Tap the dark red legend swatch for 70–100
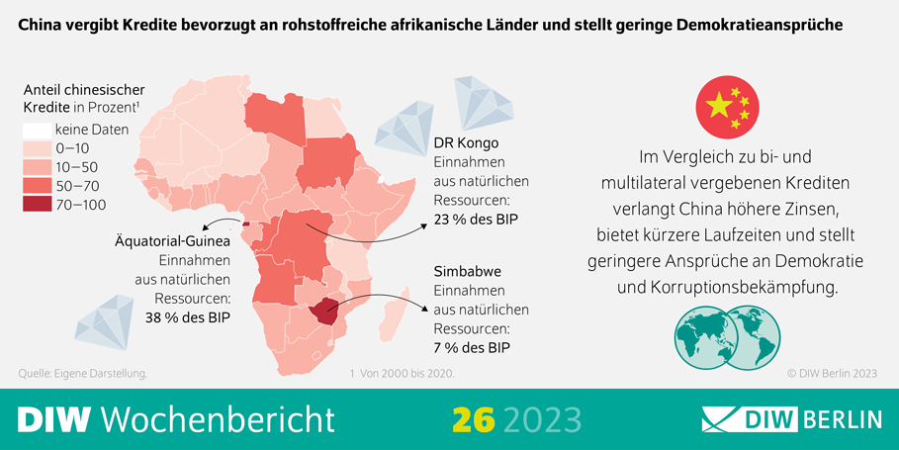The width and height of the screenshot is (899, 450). [37, 205]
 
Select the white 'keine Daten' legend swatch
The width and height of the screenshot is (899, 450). [37, 130]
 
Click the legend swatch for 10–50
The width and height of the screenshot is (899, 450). [37, 167]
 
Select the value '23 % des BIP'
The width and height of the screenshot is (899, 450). [477, 219]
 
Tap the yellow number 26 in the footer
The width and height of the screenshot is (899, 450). [472, 419]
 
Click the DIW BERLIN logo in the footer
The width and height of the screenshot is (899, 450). [791, 419]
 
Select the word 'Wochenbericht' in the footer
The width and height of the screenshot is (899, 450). [218, 419]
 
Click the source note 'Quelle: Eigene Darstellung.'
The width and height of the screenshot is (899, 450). [83, 374]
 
